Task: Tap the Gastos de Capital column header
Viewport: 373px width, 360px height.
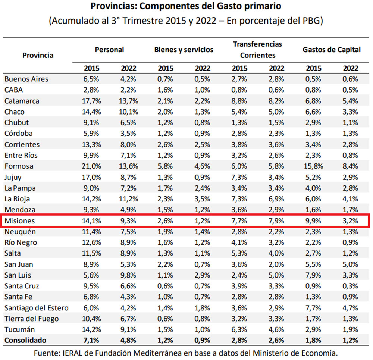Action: [332, 50]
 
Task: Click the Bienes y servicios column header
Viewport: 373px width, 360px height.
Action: [184, 50]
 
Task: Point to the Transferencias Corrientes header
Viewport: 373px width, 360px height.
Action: [258, 50]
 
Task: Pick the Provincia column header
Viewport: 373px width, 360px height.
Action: [38, 55]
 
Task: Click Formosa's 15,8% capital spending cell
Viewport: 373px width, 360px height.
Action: [313, 166]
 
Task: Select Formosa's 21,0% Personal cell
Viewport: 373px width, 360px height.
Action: [91, 166]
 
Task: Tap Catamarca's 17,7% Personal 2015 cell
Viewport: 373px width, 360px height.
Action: [91, 101]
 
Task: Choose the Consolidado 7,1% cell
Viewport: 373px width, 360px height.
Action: [91, 341]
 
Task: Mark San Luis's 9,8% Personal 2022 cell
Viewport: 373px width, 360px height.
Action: [128, 275]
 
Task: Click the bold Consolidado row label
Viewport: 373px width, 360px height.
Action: [26, 341]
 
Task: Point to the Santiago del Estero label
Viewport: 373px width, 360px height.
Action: [37, 308]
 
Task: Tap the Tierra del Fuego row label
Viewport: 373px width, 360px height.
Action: [32, 319]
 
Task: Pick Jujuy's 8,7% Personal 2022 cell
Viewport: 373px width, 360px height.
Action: [128, 177]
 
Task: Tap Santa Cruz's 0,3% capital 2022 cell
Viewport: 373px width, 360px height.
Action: [350, 286]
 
